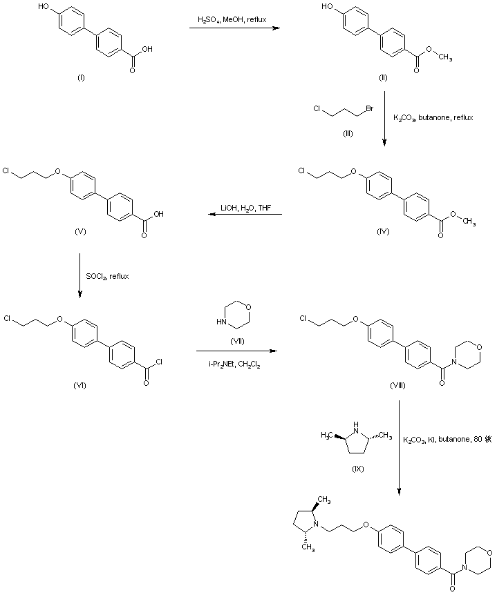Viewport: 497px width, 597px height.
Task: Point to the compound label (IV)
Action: [383, 231]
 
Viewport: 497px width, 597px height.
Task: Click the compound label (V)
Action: [81, 231]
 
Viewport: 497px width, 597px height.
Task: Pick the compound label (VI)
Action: [81, 386]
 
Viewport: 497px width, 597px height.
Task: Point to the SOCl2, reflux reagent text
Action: [107, 276]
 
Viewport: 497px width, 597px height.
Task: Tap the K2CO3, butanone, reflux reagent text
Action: [433, 118]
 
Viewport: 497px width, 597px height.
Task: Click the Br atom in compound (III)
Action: [370, 109]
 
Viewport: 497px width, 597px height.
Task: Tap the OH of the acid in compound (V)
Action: [160, 214]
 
